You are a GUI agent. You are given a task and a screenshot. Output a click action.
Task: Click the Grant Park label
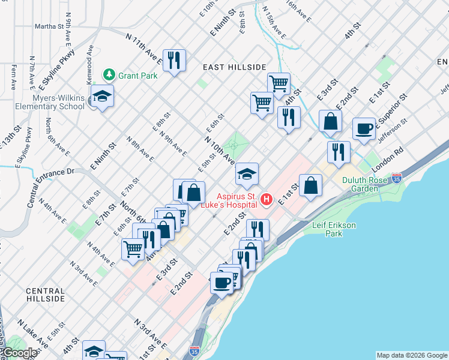tap(137, 76)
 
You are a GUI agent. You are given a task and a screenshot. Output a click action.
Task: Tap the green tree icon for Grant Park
tap(109, 75)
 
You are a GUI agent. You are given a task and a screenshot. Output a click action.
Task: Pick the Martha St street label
tap(49, 26)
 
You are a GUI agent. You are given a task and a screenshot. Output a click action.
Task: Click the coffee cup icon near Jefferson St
tap(364, 128)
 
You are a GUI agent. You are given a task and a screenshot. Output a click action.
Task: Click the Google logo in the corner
tap(20, 353)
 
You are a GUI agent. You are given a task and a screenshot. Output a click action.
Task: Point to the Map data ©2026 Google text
tap(411, 355)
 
